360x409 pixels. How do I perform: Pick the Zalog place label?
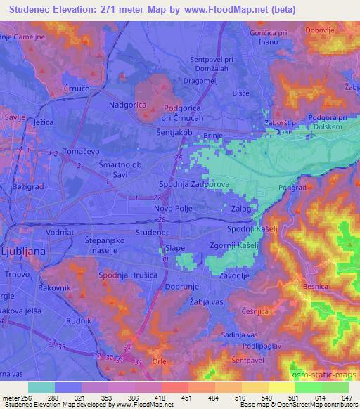[240, 209]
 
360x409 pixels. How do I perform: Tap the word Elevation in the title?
[82, 10]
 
